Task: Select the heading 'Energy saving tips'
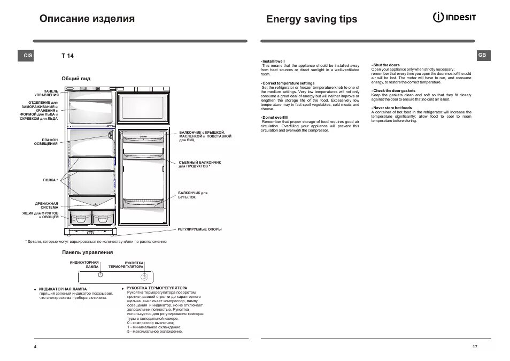tap(311, 19)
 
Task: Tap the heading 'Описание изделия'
tap(87, 19)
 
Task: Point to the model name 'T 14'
tap(67, 56)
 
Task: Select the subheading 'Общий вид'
tap(76, 79)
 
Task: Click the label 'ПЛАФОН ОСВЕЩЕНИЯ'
tap(46, 142)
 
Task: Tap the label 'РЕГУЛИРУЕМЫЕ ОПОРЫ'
tap(199, 229)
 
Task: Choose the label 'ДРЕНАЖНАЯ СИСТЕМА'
tap(47, 205)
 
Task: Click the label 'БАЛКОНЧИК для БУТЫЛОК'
tap(192, 195)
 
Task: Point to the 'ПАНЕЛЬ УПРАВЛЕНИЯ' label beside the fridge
tap(48, 93)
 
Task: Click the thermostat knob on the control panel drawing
tap(144, 277)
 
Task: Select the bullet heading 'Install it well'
tap(273, 62)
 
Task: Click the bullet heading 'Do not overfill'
tap(275, 117)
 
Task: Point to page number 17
tap(475, 347)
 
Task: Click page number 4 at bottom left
tap(35, 347)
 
